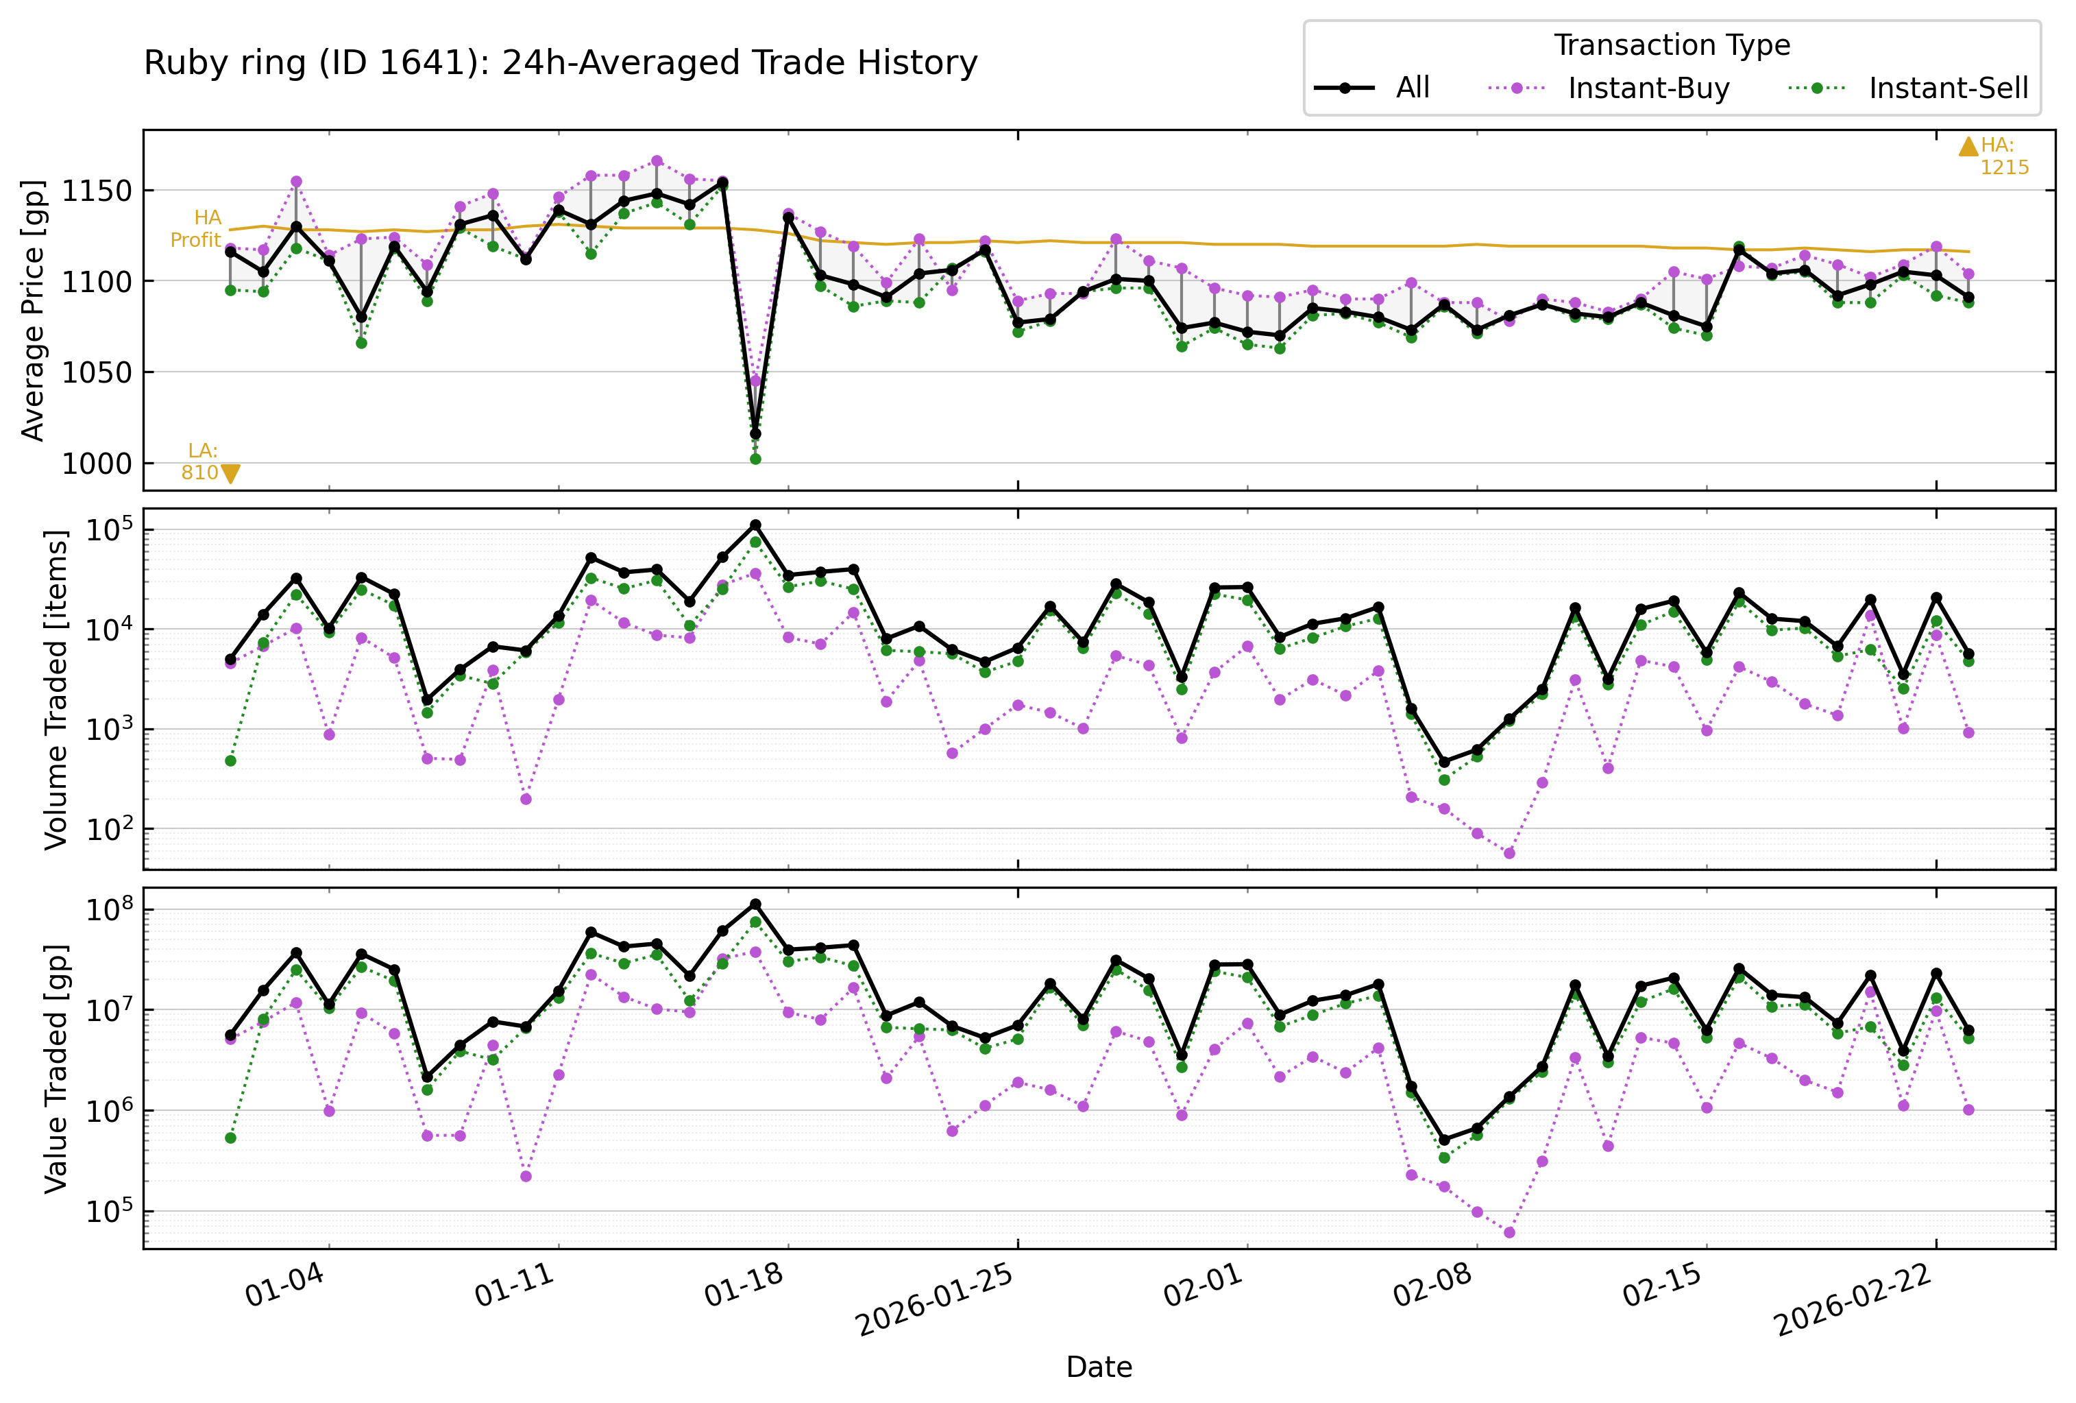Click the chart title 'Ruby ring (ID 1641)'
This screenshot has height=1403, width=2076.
point(560,62)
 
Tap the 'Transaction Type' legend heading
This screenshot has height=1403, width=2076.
point(1672,45)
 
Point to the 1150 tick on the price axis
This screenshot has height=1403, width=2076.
point(95,191)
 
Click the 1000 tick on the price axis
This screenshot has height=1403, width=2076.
point(95,464)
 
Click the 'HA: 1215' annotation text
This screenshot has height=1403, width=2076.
point(2003,156)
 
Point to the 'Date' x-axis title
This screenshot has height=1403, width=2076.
point(1099,1367)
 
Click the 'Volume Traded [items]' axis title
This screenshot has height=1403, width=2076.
point(56,689)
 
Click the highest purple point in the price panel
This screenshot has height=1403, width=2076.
point(657,161)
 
